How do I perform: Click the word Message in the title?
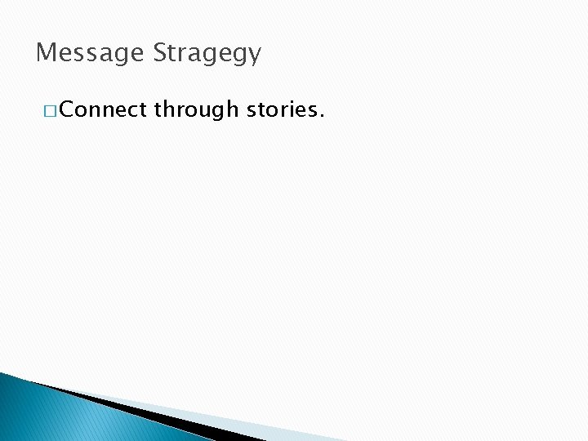point(91,54)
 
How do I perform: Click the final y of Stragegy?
point(254,56)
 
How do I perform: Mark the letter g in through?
point(216,112)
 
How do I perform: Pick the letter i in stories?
point(292,109)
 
